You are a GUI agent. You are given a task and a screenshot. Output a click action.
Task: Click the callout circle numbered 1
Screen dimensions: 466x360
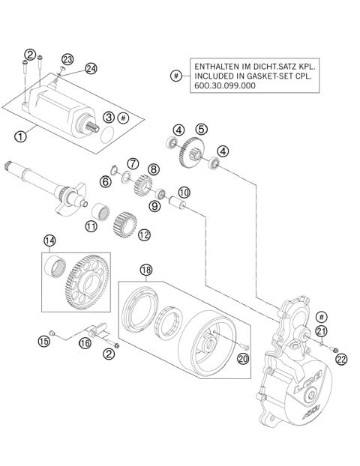tap(20, 136)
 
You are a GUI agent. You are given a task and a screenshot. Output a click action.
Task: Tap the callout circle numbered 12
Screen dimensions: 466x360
tap(144, 234)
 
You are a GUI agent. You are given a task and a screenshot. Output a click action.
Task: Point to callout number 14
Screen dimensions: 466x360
tap(49, 241)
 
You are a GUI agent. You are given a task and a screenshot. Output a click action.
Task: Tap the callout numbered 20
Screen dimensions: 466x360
tap(242, 360)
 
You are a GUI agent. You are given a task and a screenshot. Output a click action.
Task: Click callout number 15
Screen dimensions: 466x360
tap(43, 342)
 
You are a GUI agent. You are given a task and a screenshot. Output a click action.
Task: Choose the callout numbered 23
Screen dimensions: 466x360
tap(67, 58)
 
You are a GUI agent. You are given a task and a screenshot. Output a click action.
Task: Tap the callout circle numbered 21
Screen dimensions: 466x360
tap(321, 332)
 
